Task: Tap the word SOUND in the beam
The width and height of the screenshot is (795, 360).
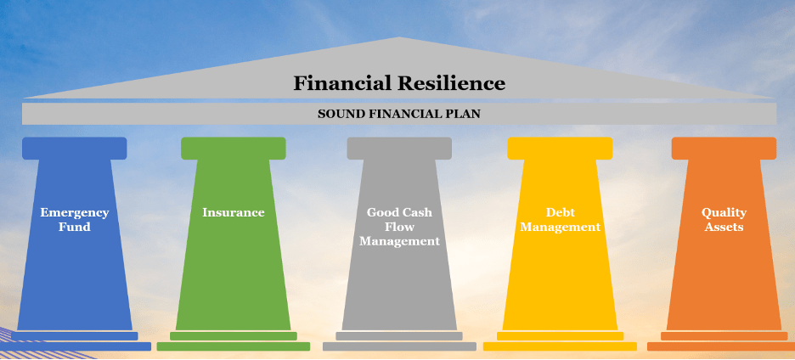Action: tap(336, 114)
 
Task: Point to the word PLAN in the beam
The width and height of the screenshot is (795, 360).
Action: tap(466, 114)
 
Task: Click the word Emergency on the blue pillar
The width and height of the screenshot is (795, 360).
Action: tap(75, 212)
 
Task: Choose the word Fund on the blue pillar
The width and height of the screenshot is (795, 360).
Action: tap(75, 227)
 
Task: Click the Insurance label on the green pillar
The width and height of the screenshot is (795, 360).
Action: tap(234, 212)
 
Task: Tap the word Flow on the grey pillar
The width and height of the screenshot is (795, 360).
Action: tap(399, 227)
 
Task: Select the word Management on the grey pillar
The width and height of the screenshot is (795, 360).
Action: tap(399, 241)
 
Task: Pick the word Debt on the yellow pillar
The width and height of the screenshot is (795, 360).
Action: tap(561, 212)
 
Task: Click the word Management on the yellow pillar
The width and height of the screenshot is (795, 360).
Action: tap(561, 228)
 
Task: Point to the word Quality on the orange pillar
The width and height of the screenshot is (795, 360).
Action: tap(724, 212)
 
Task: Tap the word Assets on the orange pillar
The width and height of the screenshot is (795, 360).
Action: tap(724, 227)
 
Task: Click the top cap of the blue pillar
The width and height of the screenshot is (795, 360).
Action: tap(75, 148)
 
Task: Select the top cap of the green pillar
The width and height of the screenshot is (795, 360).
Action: tap(234, 148)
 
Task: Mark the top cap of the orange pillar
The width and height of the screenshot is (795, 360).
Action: tap(724, 148)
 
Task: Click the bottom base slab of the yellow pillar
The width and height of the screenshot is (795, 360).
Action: tap(560, 346)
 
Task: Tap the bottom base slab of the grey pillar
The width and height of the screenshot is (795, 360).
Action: tap(399, 346)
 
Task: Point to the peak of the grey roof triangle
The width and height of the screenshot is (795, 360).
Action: tap(400, 37)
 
